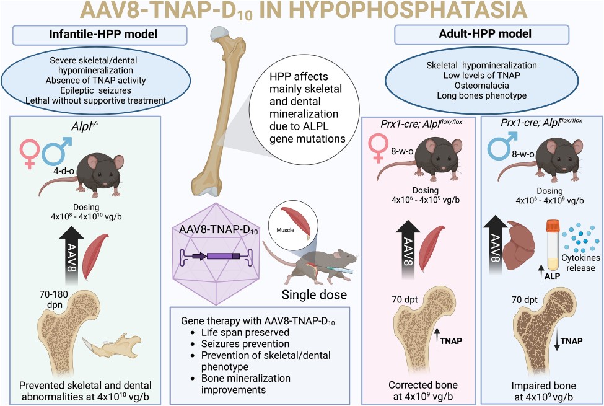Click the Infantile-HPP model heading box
pos(100,35)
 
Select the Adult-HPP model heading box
pos(481,34)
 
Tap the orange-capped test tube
pos(553,245)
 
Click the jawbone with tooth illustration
pos(112,346)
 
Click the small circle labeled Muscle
pos(294,224)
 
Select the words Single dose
pos(314,294)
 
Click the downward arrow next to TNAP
pos(556,341)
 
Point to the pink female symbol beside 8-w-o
pos(378,148)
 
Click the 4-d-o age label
pos(64,171)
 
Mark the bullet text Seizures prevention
pos(245,343)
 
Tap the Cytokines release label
pos(580,263)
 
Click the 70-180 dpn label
pos(53,299)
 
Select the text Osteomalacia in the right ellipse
pos(481,85)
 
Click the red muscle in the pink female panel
pos(431,249)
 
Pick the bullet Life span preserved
pos(245,332)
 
